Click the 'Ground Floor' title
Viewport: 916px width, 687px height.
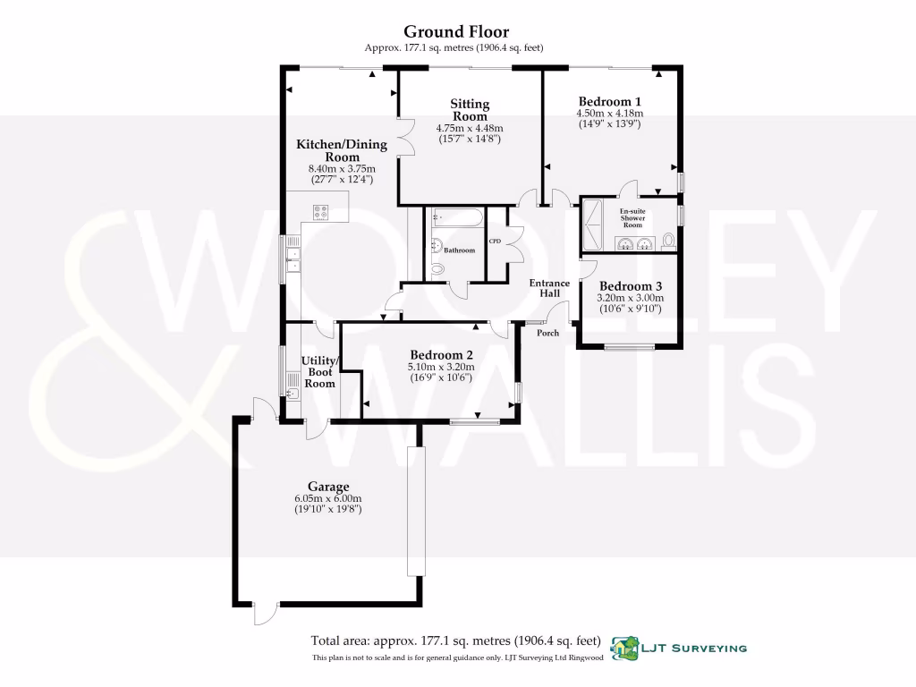tap(456, 31)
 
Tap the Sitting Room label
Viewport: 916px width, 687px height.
tap(470, 111)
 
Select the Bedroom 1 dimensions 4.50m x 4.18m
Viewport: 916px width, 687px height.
tap(610, 114)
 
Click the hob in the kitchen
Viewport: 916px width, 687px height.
tap(321, 212)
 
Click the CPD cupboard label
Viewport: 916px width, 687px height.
tap(494, 242)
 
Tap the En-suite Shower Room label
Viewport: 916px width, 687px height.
tap(632, 218)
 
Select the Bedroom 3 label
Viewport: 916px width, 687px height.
tap(625, 286)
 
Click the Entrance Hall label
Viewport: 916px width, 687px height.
tap(550, 288)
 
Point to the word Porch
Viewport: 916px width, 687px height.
tap(547, 333)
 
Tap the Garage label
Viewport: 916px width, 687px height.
tap(328, 487)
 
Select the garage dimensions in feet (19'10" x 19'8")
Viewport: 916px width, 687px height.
tap(328, 509)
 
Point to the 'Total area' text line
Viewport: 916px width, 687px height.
tap(454, 640)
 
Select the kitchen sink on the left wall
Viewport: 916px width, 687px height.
tap(293, 259)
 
